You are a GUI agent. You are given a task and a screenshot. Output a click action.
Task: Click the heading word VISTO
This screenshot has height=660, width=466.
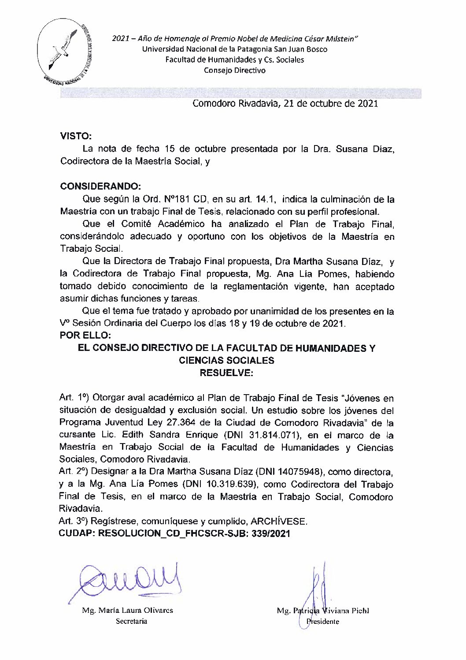point(75,137)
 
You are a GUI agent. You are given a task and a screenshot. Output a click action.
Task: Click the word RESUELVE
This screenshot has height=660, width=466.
point(226,373)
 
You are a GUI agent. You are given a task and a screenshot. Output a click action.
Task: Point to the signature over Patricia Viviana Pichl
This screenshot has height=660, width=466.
point(316,589)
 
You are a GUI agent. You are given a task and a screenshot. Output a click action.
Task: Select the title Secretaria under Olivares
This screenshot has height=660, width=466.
point(131,621)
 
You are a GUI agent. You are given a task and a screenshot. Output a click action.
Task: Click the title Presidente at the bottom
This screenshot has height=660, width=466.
point(323,622)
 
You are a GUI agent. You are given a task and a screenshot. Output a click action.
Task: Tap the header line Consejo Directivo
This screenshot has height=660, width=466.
point(234,71)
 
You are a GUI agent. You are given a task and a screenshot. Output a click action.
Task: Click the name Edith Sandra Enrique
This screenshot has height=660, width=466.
point(170,435)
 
